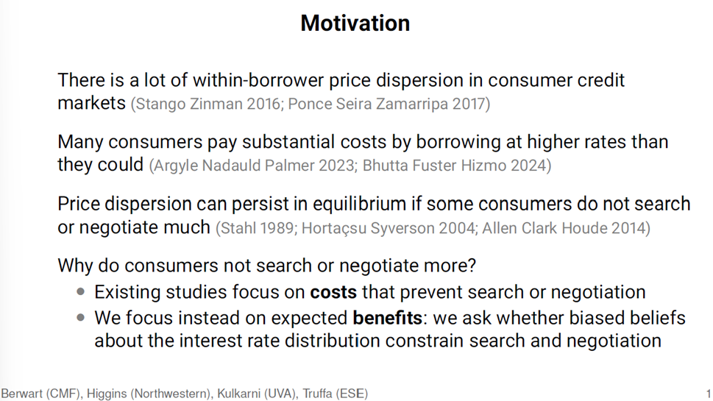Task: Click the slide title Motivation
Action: click(355, 23)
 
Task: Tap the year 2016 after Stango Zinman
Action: click(263, 104)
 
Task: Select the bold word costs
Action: click(333, 292)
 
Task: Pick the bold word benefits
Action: click(388, 318)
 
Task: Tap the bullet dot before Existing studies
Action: click(81, 292)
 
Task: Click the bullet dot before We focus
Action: click(81, 318)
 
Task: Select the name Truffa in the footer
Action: click(317, 393)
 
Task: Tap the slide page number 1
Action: click(709, 394)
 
